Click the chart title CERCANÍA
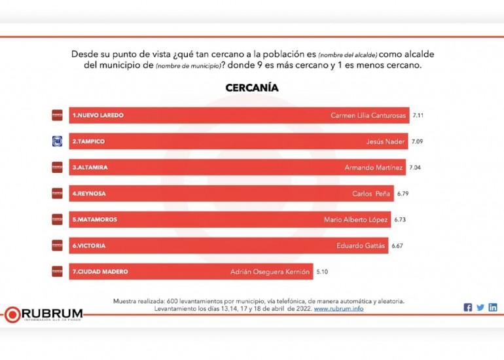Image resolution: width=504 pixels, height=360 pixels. tap(252, 88)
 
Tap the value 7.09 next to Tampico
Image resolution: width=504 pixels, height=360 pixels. tap(417, 141)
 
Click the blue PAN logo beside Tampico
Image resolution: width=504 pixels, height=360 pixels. tap(57, 141)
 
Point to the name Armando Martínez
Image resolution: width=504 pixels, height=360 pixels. tap(374, 168)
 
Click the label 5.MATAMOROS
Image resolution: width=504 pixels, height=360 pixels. tap(95, 219)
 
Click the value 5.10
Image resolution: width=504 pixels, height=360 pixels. tap(323, 271)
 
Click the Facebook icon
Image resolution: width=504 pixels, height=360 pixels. tap(467, 308)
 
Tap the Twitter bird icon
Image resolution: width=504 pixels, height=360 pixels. tap(480, 308)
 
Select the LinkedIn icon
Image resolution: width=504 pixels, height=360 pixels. tap(492, 308)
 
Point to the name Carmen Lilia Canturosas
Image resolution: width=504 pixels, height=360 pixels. tap(369, 115)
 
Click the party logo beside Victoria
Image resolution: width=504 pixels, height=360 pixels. tap(57, 245)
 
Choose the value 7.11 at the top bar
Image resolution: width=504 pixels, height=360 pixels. tap(418, 115)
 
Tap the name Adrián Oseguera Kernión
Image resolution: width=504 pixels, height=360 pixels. tap(269, 271)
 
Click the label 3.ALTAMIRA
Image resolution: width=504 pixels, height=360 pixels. tap(90, 168)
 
